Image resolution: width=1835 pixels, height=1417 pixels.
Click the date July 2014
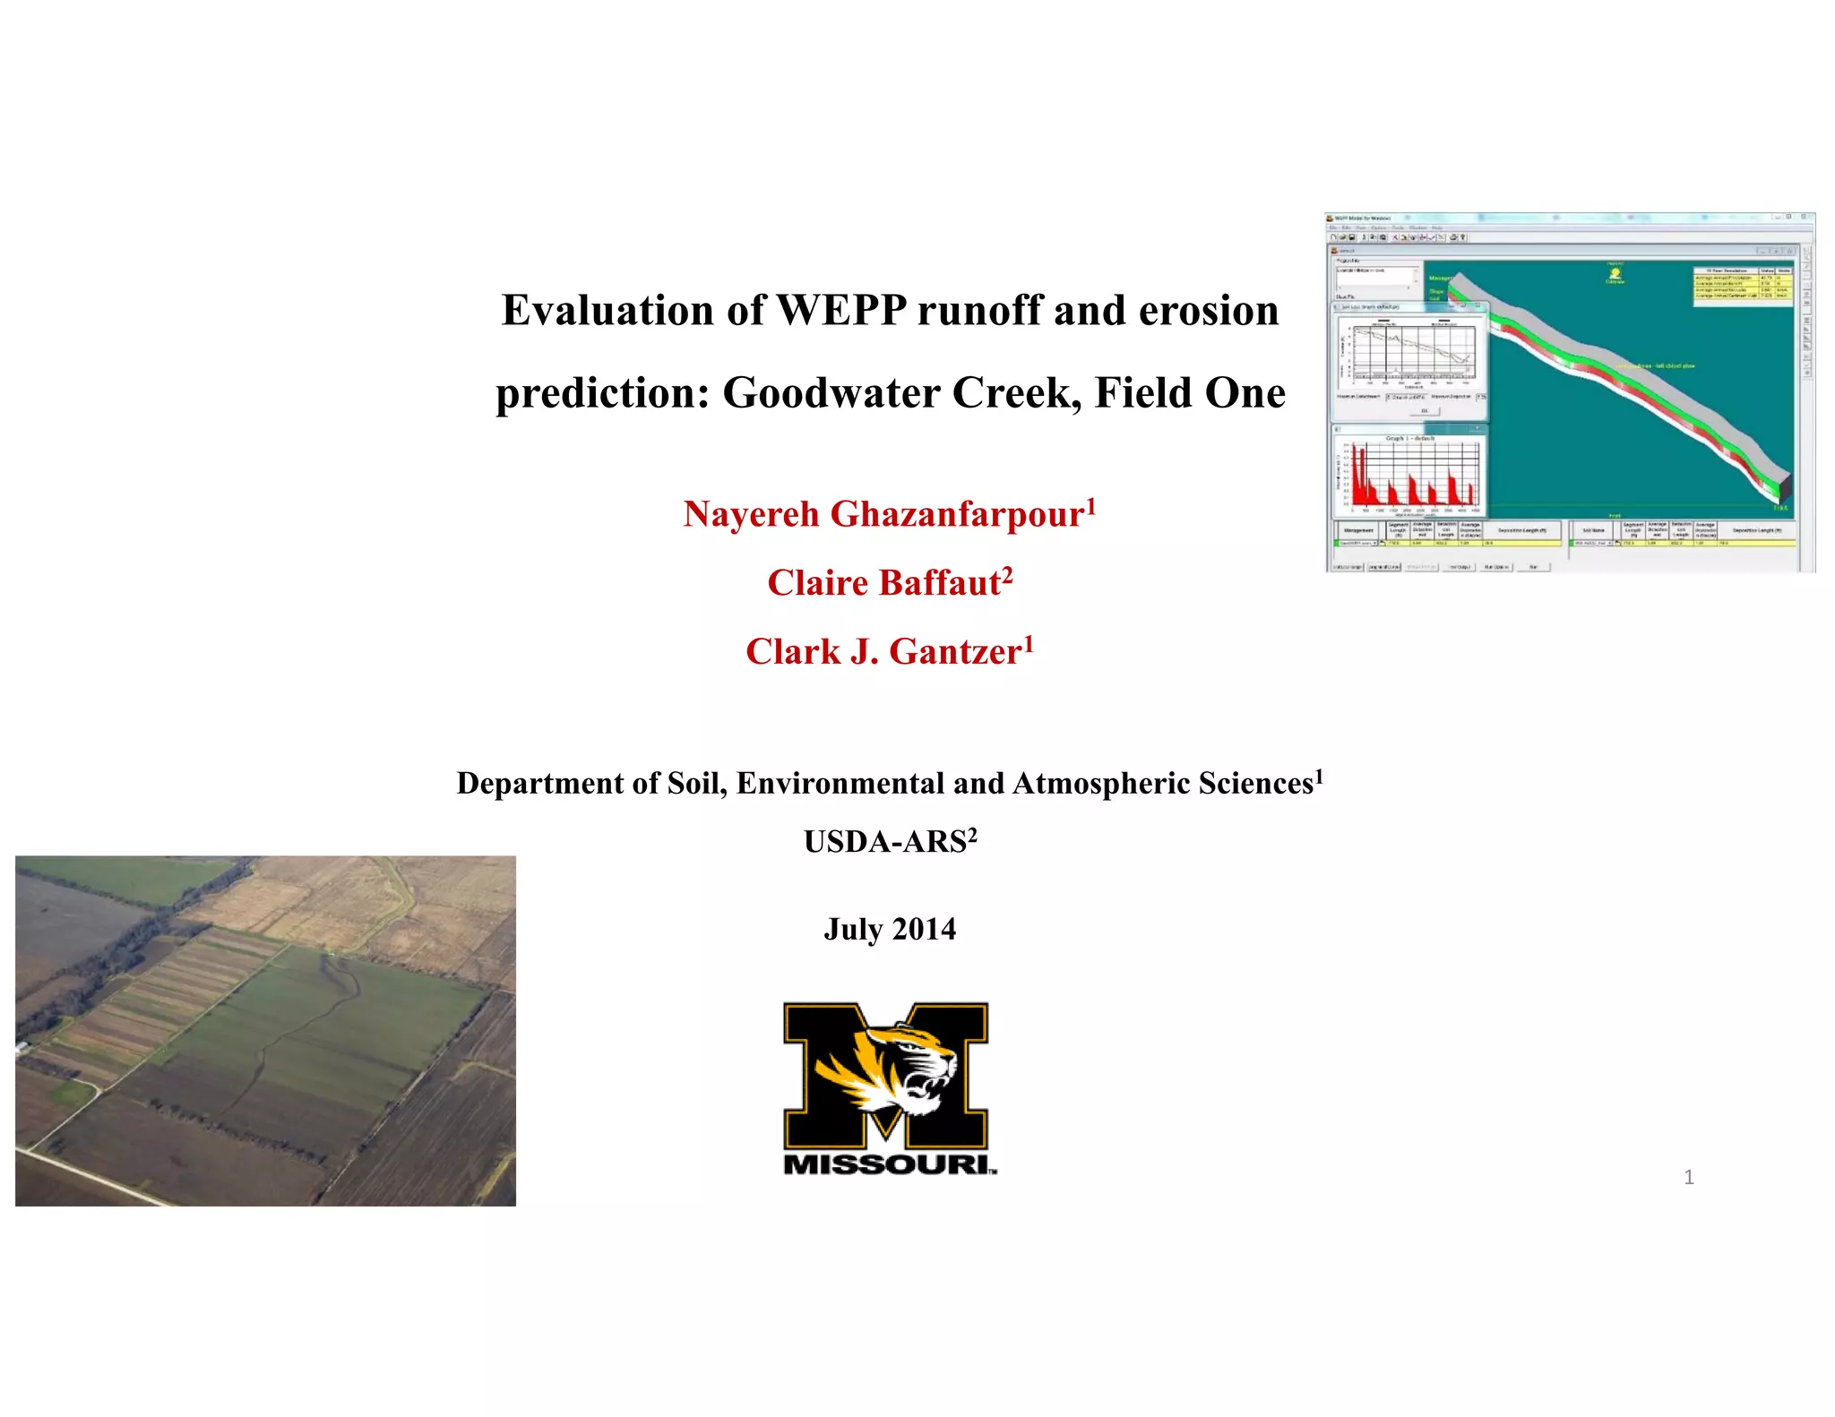point(889,929)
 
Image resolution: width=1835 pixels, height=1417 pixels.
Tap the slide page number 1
point(1688,1177)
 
